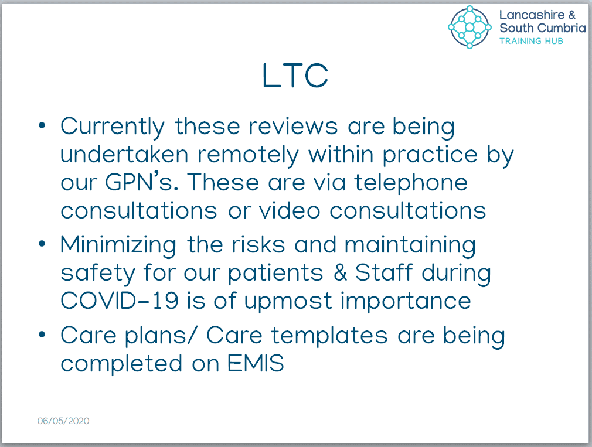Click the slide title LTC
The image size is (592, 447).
point(295,76)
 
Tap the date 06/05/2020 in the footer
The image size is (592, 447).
point(63,421)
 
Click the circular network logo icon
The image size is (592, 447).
point(469,27)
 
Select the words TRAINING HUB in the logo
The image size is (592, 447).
point(531,41)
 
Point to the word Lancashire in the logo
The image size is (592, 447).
point(532,15)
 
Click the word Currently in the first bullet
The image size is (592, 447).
point(113,127)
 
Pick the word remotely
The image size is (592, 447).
point(248,155)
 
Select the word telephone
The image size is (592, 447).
point(411,183)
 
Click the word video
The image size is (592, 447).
point(290,210)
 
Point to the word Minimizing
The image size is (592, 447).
point(118,245)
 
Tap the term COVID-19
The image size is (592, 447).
point(120,301)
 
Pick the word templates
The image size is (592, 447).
point(329,336)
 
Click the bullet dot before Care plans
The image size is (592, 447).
point(42,334)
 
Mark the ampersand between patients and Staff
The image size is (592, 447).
point(340,272)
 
